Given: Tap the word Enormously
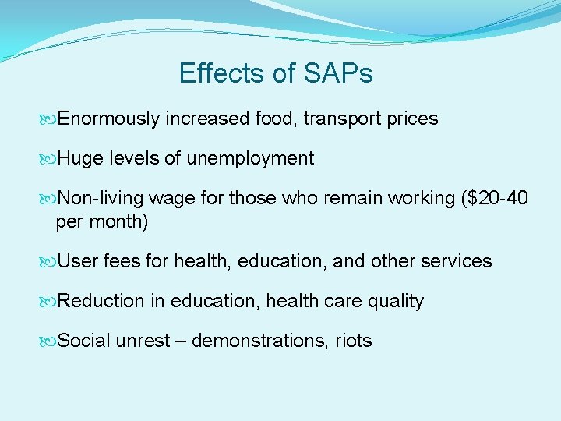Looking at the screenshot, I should (x=109, y=119).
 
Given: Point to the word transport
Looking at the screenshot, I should (x=341, y=119).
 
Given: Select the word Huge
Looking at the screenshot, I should (x=80, y=159).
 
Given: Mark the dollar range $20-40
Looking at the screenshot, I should (x=495, y=200).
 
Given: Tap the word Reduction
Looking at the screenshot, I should (x=101, y=302).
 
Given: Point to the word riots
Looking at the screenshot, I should (x=354, y=341).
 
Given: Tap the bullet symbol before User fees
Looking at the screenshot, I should (x=49, y=261).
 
